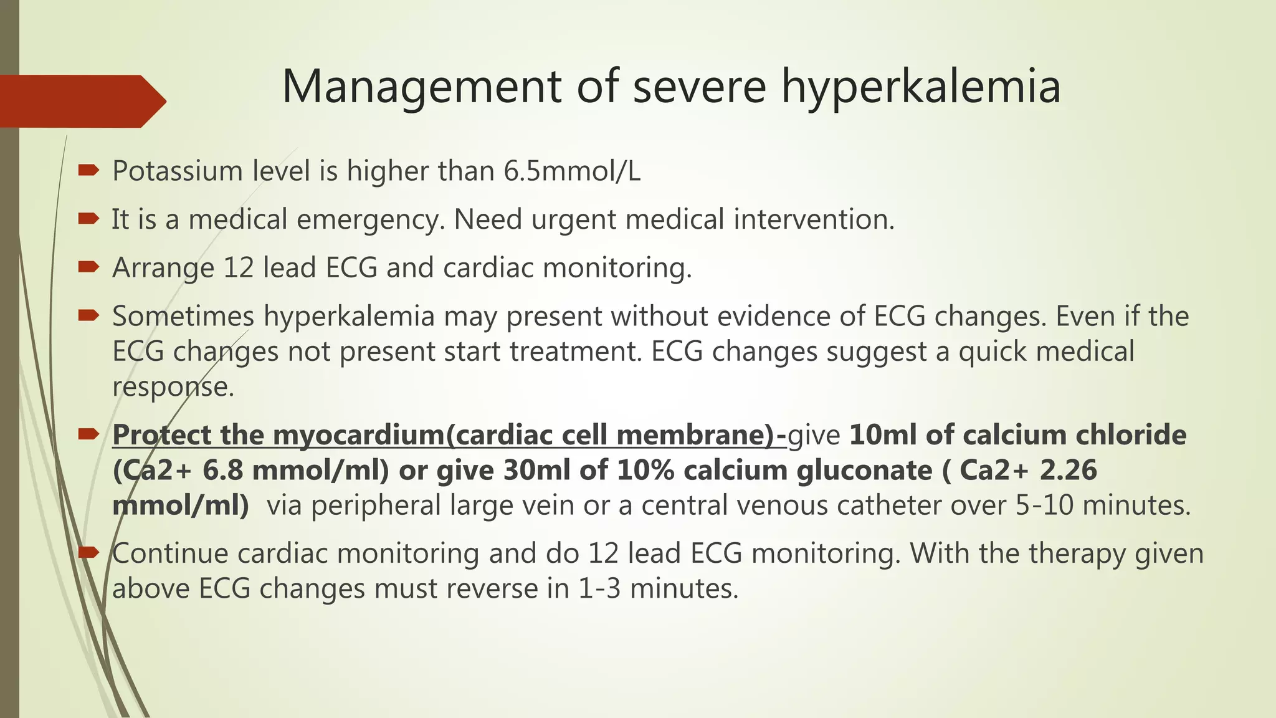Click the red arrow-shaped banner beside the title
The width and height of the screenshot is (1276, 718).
click(81, 101)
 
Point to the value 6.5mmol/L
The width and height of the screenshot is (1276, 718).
click(571, 171)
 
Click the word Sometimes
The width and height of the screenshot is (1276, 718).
click(183, 316)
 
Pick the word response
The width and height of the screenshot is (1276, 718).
click(173, 386)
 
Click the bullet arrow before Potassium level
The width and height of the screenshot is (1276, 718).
click(88, 170)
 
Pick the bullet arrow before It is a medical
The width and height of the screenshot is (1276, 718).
click(88, 218)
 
